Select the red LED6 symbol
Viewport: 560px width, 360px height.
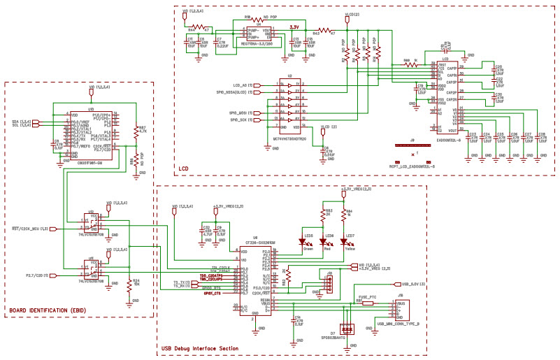coord(324,242)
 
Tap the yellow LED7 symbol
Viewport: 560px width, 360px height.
coord(344,242)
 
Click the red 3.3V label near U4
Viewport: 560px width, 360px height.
coord(294,27)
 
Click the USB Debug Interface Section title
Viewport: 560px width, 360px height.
coord(200,348)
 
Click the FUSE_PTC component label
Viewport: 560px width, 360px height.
coord(368,296)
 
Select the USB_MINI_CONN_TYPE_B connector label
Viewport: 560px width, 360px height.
coord(398,325)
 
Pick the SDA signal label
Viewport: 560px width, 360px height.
coord(16,122)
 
